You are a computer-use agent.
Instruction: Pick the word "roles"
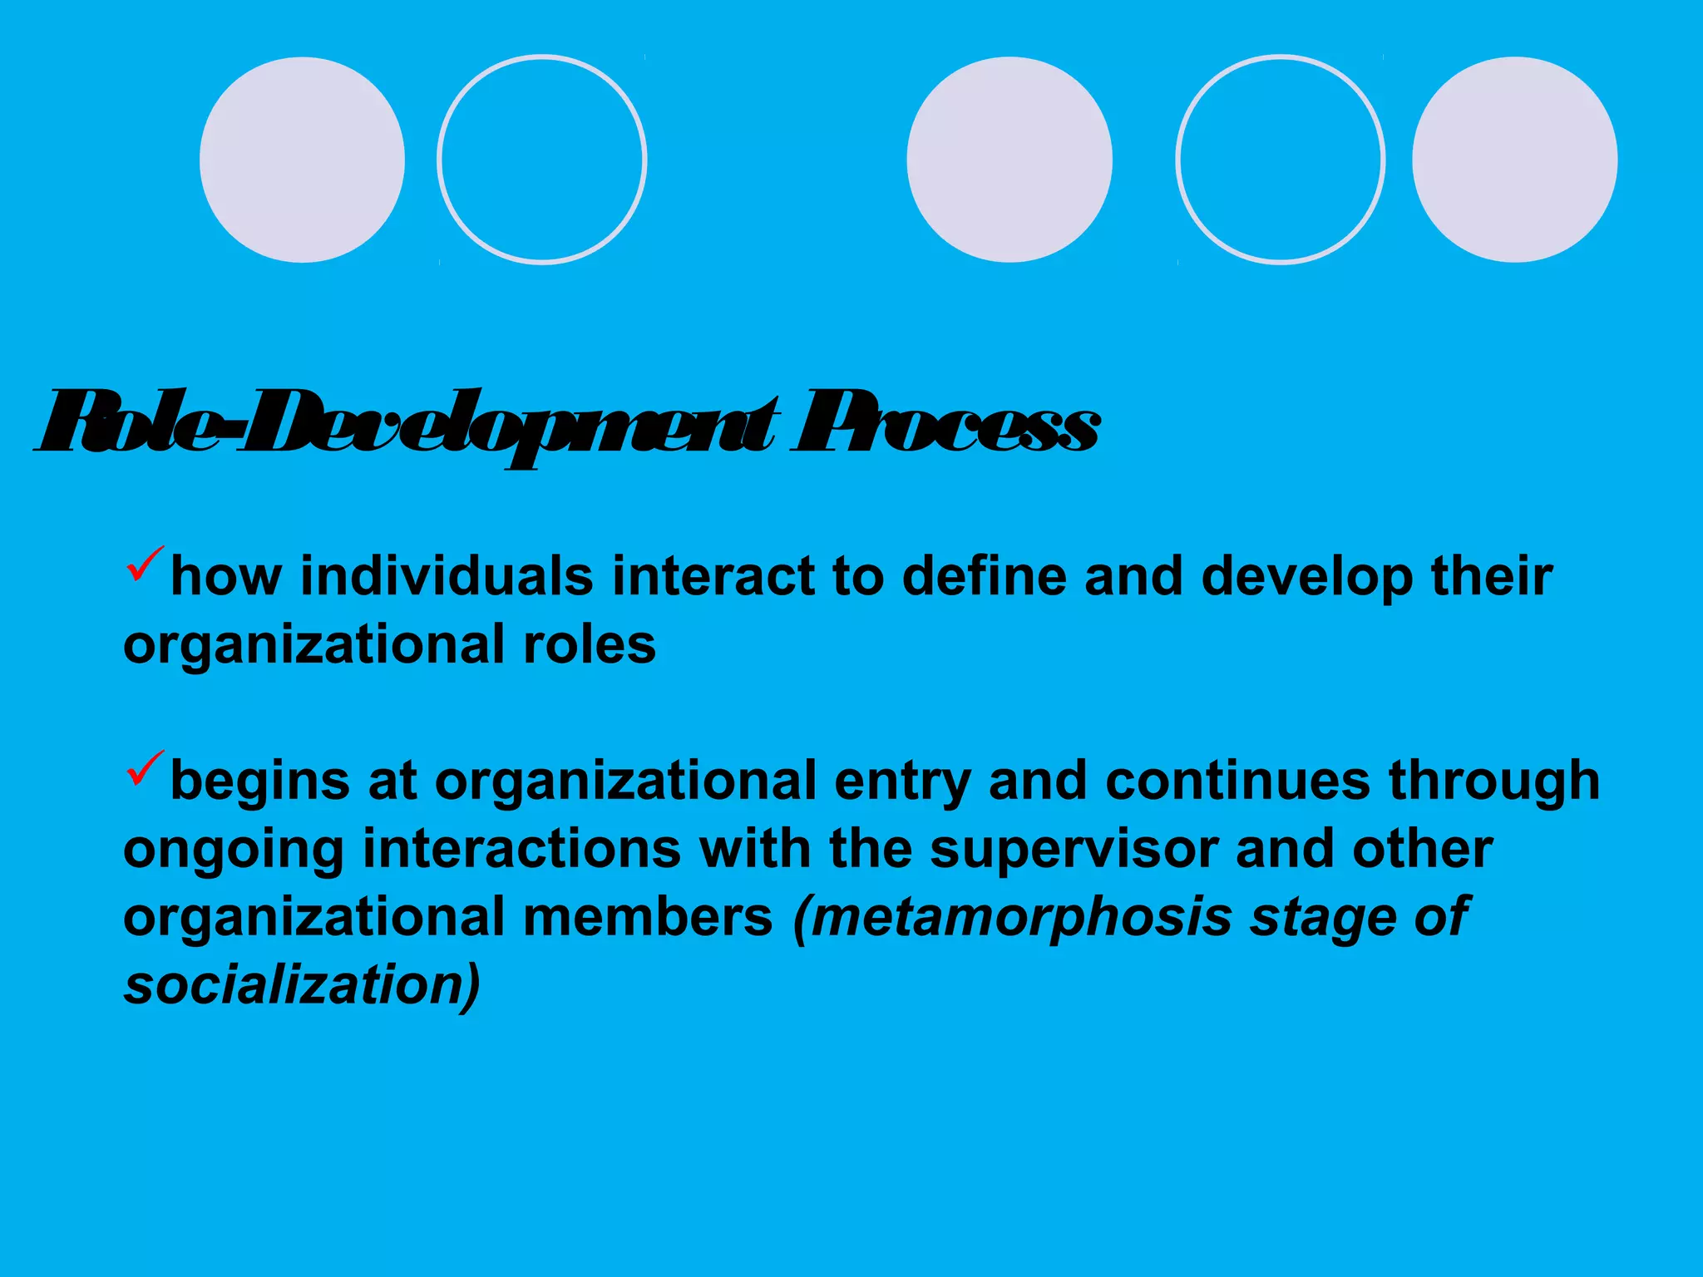coord(590,644)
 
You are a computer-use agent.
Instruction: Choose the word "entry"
coord(902,781)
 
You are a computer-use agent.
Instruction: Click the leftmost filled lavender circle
coord(303,160)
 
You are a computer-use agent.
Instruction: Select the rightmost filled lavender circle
coord(1514,160)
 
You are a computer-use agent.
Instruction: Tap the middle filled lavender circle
coord(1009,160)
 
